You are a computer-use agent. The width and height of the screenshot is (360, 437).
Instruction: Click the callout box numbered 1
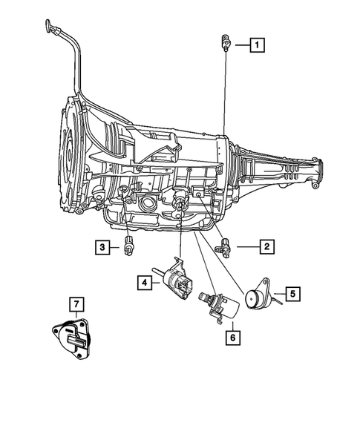(257, 45)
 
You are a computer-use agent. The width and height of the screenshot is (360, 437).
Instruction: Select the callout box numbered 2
(265, 245)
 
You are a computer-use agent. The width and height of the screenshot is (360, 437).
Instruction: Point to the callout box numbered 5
(293, 294)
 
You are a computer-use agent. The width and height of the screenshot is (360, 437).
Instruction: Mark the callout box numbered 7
(75, 304)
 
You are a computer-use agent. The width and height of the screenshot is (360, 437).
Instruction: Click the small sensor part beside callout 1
(224, 44)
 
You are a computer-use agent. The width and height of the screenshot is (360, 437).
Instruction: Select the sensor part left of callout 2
(223, 246)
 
